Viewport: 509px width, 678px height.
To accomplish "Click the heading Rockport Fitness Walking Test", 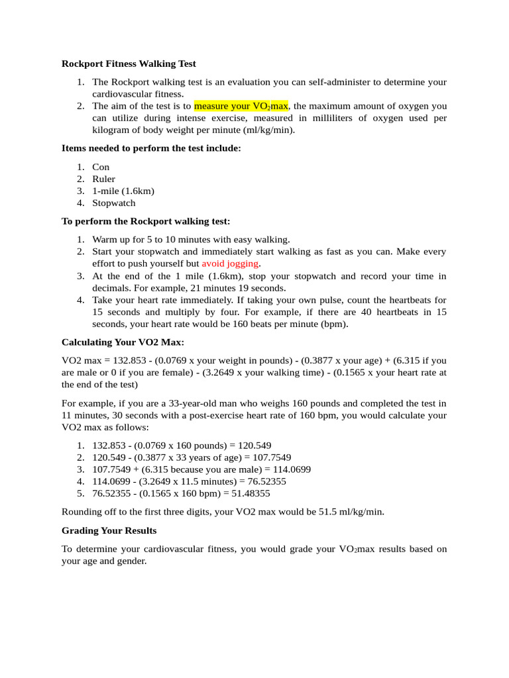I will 129,64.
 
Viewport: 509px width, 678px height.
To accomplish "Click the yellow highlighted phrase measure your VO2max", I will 241,106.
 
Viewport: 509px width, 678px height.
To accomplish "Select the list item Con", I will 101,167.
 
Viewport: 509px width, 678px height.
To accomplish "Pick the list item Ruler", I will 103,179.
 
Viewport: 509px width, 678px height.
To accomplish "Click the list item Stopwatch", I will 113,203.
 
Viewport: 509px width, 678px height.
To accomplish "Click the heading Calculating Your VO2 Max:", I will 123,342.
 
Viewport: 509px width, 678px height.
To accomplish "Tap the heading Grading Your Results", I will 109,531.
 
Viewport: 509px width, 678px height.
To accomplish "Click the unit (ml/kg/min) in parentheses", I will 268,130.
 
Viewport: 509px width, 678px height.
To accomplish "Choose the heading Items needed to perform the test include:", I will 151,148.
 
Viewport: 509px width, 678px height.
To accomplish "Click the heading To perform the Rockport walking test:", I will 146,221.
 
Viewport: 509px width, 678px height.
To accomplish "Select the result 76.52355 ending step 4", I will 262,481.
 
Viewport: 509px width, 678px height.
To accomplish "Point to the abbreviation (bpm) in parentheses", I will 334,324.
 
